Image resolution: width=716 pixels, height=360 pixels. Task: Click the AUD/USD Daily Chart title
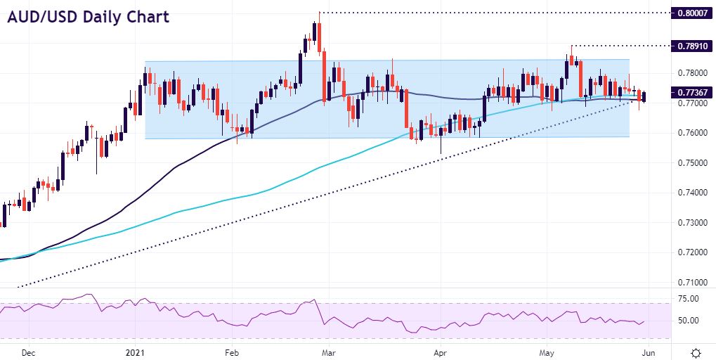point(89,17)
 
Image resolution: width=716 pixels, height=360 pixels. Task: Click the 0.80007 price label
point(691,13)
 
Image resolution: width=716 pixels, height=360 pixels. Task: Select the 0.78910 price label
point(691,46)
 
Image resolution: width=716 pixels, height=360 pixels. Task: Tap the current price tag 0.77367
point(691,92)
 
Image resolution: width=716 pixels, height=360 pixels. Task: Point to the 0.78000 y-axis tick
point(691,73)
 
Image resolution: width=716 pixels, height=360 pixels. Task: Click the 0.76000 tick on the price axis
point(691,133)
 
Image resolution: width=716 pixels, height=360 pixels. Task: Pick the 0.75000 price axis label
point(691,163)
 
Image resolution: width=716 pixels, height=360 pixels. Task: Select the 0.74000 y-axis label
point(691,193)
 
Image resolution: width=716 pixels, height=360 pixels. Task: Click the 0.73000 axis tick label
point(691,223)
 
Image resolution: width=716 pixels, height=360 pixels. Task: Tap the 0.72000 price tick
point(691,252)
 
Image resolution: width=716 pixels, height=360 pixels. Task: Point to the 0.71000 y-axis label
point(691,283)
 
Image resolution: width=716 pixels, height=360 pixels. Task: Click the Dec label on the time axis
point(28,352)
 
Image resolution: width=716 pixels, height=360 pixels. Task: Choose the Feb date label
point(231,352)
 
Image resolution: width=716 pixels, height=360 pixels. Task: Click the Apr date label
point(440,352)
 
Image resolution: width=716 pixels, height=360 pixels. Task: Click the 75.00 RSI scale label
point(689,299)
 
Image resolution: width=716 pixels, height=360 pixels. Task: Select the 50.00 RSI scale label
point(689,321)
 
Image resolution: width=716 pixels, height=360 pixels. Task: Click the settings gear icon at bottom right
point(695,352)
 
